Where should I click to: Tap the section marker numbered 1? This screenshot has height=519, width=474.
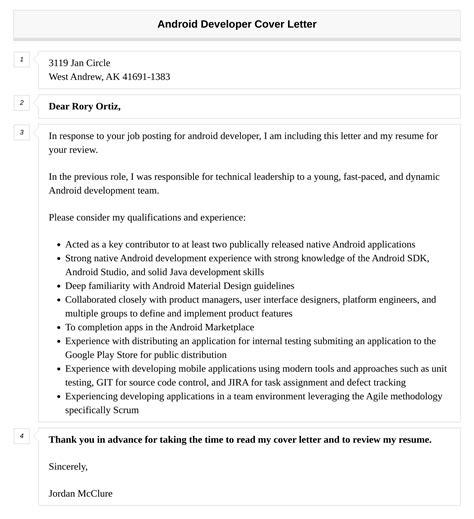[21, 60]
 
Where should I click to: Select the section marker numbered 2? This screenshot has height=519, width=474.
[21, 102]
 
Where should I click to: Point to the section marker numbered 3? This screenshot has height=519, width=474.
[21, 132]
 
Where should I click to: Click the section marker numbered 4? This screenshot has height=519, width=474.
[21, 407]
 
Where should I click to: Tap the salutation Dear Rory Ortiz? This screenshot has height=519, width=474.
[91, 105]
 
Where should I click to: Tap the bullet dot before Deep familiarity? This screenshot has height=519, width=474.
[55, 285]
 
